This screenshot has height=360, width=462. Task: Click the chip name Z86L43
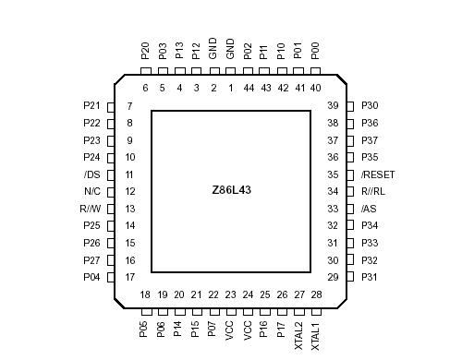pos(230,191)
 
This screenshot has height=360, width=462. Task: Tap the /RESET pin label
pos(378,174)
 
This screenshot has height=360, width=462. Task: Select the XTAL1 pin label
pos(316,334)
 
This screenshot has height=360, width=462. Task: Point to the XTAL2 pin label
pos(298,334)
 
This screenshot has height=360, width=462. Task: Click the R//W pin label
pos(90,209)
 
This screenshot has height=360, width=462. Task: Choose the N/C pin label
pos(91,192)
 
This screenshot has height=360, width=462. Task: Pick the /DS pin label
pos(91,174)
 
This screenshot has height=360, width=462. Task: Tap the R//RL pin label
pos(373,192)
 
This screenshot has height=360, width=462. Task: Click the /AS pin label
pos(369,209)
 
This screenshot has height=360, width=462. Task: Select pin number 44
pos(248,89)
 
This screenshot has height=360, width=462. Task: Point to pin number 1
pos(230,89)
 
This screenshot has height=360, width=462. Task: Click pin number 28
pos(316,294)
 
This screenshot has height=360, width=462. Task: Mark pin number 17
pos(130,277)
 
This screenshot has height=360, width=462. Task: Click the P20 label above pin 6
pos(145,52)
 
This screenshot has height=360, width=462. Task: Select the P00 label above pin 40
pos(316,52)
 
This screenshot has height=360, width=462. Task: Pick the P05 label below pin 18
pos(145,330)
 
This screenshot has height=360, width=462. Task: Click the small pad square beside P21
pos(111,106)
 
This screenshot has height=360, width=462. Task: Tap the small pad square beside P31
pos(350,277)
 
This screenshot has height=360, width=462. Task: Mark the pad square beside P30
pos(350,106)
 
